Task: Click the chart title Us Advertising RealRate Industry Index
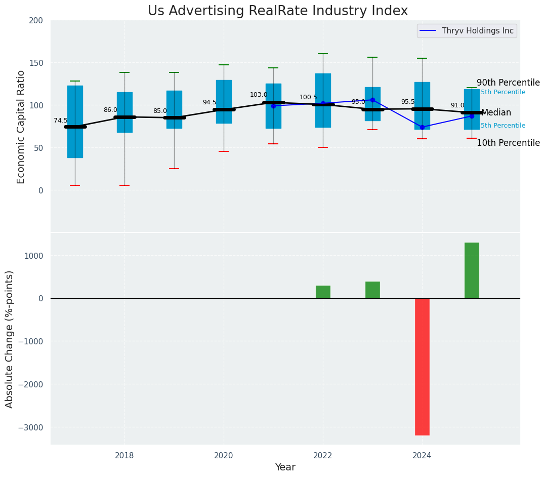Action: pos(277,11)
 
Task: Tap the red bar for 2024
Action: pos(422,366)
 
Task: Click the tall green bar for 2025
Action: pos(472,270)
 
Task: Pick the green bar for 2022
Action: pos(323,292)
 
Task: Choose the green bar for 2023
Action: pos(372,290)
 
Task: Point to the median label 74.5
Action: pos(61,121)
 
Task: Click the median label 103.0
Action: pos(259,95)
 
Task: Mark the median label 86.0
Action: pos(110,110)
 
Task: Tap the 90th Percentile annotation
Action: pos(508,83)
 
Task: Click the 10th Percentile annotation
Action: pos(508,143)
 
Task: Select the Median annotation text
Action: pos(496,113)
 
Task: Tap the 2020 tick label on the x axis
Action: pos(224,456)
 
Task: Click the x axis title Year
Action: pos(285,467)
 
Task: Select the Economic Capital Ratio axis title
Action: pos(21,127)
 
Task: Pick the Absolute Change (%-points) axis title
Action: pos(10,339)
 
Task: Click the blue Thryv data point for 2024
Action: pos(422,127)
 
